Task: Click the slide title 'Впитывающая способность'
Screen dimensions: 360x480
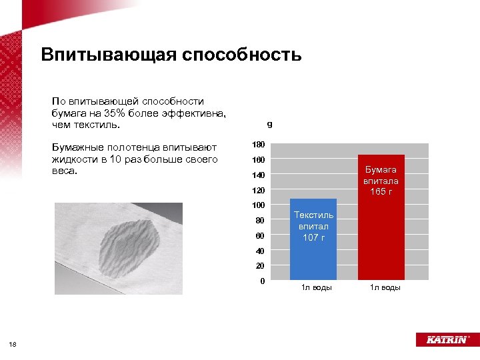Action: click(171, 54)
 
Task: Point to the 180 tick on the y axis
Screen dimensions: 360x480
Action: click(258, 145)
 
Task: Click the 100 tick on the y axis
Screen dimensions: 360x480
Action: click(258, 205)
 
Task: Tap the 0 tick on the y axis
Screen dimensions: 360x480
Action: click(262, 281)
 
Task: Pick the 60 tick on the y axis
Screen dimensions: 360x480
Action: click(259, 236)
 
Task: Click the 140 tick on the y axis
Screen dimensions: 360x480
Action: click(258, 175)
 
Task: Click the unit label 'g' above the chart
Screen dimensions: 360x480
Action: click(269, 125)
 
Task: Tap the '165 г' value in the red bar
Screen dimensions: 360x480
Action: click(381, 192)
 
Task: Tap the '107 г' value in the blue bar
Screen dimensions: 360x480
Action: click(313, 237)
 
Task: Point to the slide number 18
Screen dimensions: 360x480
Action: click(13, 344)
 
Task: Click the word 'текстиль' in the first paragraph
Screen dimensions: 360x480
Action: click(98, 125)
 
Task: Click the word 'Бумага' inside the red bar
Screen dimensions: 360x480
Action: click(381, 170)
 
